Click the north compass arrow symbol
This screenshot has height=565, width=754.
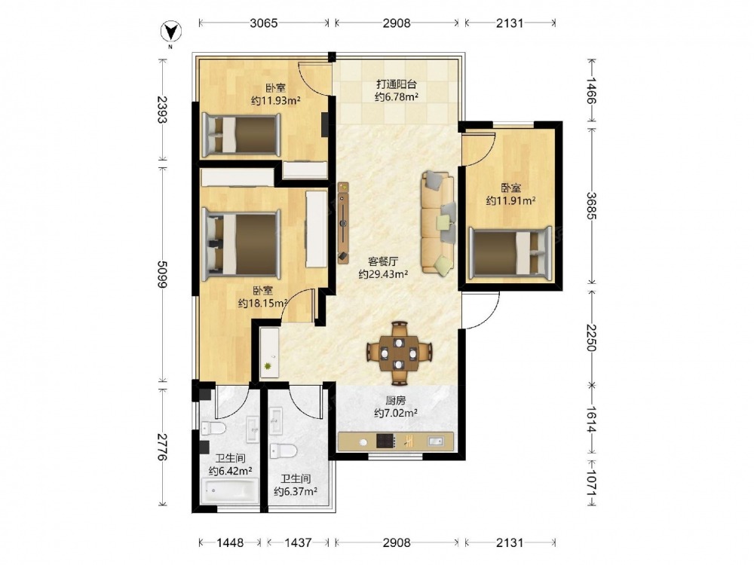click(x=170, y=32)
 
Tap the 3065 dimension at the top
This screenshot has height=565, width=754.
click(x=263, y=23)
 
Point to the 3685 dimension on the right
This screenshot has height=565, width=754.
click(x=591, y=206)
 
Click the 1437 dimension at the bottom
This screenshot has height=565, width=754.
click(x=298, y=542)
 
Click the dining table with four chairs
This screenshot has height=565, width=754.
click(x=399, y=353)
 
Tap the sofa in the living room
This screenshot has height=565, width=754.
click(x=438, y=224)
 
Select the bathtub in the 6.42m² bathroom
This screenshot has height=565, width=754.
click(x=230, y=491)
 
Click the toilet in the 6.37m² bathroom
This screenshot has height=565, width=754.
click(x=283, y=450)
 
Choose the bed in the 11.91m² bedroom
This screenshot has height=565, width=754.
click(x=510, y=252)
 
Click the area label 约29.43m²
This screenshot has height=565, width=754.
click(x=383, y=275)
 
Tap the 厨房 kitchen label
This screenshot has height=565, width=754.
click(x=395, y=400)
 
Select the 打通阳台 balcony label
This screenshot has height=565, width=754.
click(x=397, y=84)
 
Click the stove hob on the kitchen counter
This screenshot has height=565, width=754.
click(x=385, y=441)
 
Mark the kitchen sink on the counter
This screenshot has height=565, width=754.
click(x=436, y=441)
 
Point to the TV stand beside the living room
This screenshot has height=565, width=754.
click(x=343, y=223)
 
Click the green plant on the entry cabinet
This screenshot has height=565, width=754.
click(x=267, y=367)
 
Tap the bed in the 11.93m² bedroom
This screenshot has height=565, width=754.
click(x=241, y=135)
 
